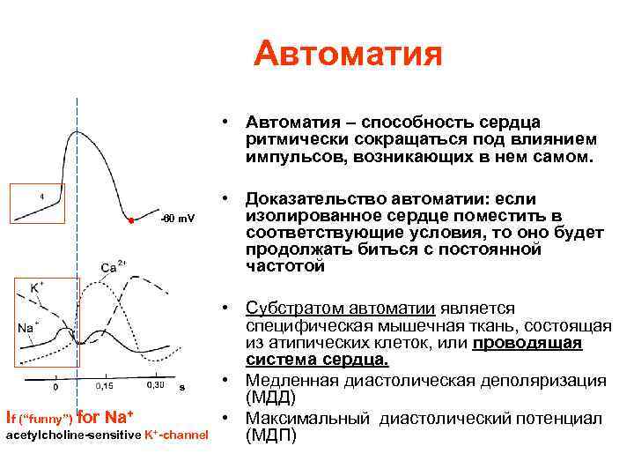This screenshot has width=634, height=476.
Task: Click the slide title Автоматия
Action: click(x=347, y=55)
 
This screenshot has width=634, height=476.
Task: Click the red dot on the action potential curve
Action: click(x=129, y=219)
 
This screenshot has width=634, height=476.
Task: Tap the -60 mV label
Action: click(x=179, y=217)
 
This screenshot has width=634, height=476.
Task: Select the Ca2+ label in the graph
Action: click(x=114, y=265)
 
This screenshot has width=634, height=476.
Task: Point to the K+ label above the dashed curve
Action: click(x=37, y=287)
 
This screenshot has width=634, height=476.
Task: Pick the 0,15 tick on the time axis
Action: click(x=104, y=385)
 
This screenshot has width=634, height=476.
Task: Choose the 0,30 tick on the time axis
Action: click(x=155, y=385)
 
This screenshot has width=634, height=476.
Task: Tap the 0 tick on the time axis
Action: click(x=55, y=386)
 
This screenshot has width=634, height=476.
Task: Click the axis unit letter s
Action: click(x=181, y=386)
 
